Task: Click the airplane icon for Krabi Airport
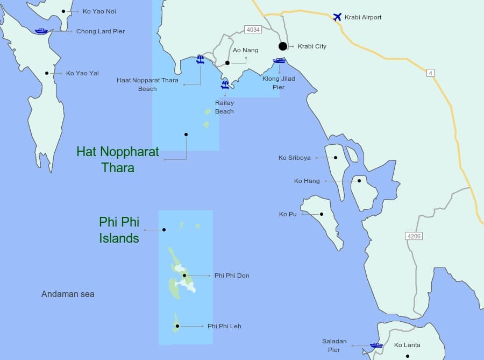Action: (x=337, y=17)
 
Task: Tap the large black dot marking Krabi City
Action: (x=283, y=46)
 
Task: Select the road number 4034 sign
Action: (x=252, y=30)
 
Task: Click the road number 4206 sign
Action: (x=414, y=236)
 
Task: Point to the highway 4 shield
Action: (x=430, y=73)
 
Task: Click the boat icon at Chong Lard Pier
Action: (x=41, y=31)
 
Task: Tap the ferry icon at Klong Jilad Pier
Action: (x=279, y=60)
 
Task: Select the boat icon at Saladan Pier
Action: (x=376, y=345)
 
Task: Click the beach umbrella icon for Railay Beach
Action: (x=225, y=84)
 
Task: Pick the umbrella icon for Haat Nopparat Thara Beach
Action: (x=200, y=59)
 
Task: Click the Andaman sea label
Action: (x=68, y=294)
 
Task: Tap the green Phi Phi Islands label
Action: (x=119, y=230)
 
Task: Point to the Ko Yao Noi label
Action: (x=99, y=11)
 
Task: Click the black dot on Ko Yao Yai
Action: (x=47, y=73)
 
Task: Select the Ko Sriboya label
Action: (x=294, y=158)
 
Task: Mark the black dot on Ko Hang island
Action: (x=359, y=181)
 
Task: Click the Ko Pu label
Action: (x=288, y=214)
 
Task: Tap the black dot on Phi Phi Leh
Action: (x=177, y=326)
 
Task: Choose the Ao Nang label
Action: (x=245, y=50)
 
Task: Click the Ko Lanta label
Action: (x=407, y=345)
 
